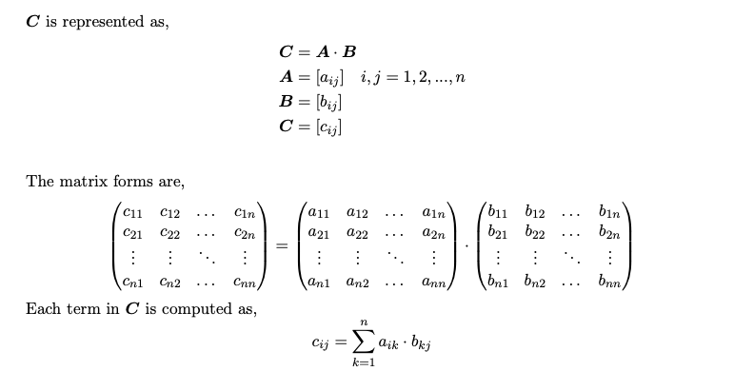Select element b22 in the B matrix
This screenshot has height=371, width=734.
tap(535, 231)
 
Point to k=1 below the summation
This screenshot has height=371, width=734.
tap(363, 363)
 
